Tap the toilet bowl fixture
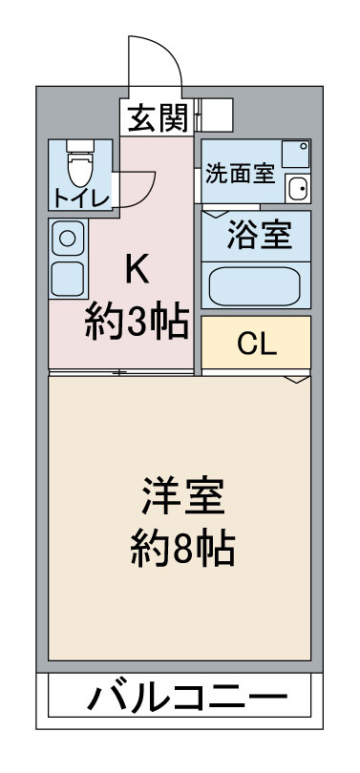(78, 168)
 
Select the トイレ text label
(80, 198)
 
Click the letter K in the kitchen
(137, 270)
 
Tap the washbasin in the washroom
(297, 187)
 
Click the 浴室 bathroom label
(257, 234)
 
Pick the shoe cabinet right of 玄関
(215, 116)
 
